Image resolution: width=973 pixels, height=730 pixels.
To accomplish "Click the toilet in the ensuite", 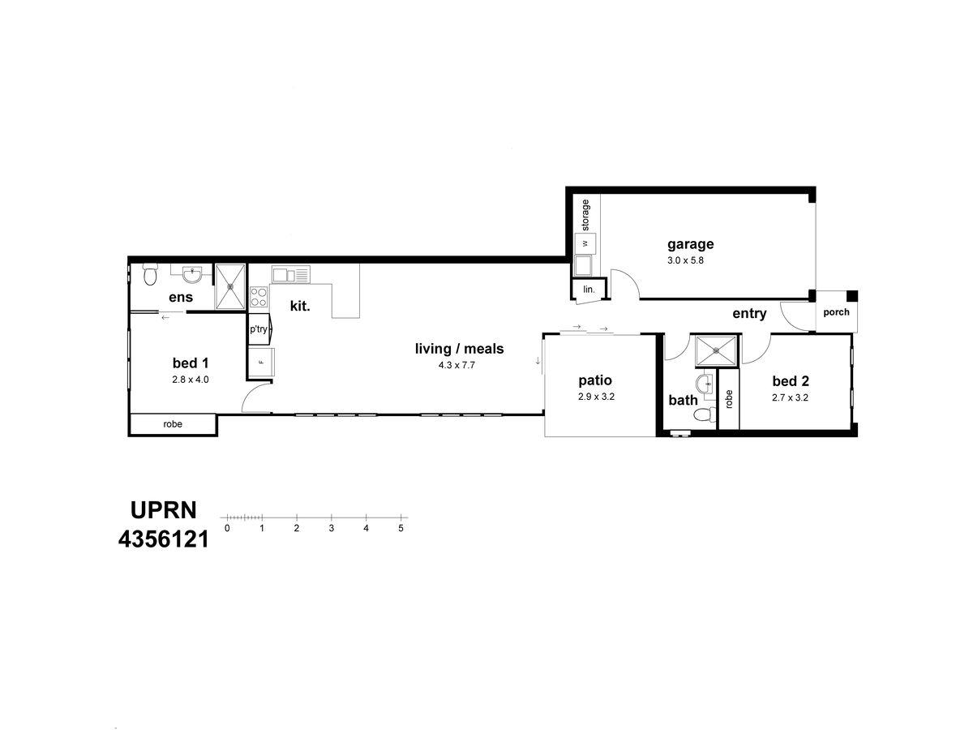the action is pos(150,274).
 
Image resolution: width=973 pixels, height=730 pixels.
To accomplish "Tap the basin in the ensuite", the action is pos(191,273).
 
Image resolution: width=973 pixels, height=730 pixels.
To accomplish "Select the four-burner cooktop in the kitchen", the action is pos(259,297).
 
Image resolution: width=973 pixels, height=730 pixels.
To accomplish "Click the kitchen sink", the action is pos(290,274).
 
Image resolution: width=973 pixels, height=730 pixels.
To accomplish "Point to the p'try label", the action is pos(259,328).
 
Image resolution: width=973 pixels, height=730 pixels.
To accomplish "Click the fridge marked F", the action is pos(261,362).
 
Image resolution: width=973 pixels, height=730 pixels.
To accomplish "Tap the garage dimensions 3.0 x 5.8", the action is pos(685,260).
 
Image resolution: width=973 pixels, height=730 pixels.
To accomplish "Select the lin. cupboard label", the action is pos(589,290).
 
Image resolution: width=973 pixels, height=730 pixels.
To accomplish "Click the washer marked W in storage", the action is pos(585,243).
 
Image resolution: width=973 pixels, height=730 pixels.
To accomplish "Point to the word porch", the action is pos(836,312).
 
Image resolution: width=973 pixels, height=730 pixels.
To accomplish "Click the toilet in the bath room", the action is pos(705,414).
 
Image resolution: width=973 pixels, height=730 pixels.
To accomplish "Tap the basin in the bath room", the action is pos(705,384).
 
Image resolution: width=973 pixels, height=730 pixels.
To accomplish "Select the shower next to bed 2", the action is pos(717,350).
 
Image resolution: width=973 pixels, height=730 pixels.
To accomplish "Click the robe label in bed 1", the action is pos(173,424).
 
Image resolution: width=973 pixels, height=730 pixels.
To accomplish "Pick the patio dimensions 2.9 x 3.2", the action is pos(596,397).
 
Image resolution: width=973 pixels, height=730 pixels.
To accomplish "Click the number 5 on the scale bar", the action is pos(401,528).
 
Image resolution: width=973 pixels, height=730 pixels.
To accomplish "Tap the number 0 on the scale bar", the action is pos(227,528).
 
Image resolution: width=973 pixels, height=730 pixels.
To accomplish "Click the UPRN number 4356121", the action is pos(163,540).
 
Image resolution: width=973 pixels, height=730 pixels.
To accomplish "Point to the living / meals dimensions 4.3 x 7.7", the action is pos(456,365).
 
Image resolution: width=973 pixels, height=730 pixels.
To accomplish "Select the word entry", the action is pos(749,314).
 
